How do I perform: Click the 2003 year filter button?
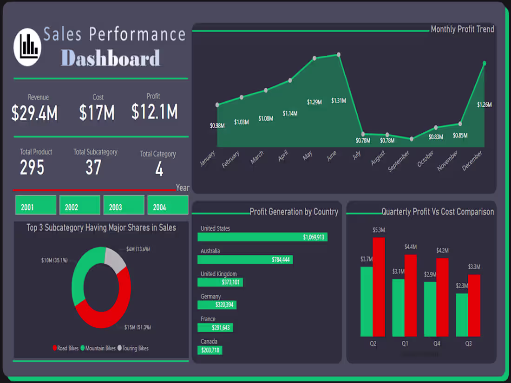tap(124, 205)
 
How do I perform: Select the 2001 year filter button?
tap(36, 205)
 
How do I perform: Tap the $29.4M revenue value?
tap(35, 113)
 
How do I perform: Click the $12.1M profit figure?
tap(154, 112)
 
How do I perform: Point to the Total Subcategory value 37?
tap(93, 168)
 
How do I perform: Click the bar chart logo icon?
tap(28, 47)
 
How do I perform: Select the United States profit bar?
tap(262, 237)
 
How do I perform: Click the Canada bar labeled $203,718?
tap(210, 350)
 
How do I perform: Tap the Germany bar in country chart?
tap(217, 305)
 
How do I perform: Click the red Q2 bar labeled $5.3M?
tap(379, 287)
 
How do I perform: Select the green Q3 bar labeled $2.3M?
tap(462, 315)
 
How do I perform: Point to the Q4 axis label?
tap(437, 344)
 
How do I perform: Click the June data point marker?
tap(339, 55)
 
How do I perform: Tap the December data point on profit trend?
tap(484, 64)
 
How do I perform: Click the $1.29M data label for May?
tap(314, 102)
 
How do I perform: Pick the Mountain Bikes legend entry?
tap(98, 348)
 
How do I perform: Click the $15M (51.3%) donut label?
tap(138, 327)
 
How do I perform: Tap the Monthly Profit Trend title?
tap(462, 29)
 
